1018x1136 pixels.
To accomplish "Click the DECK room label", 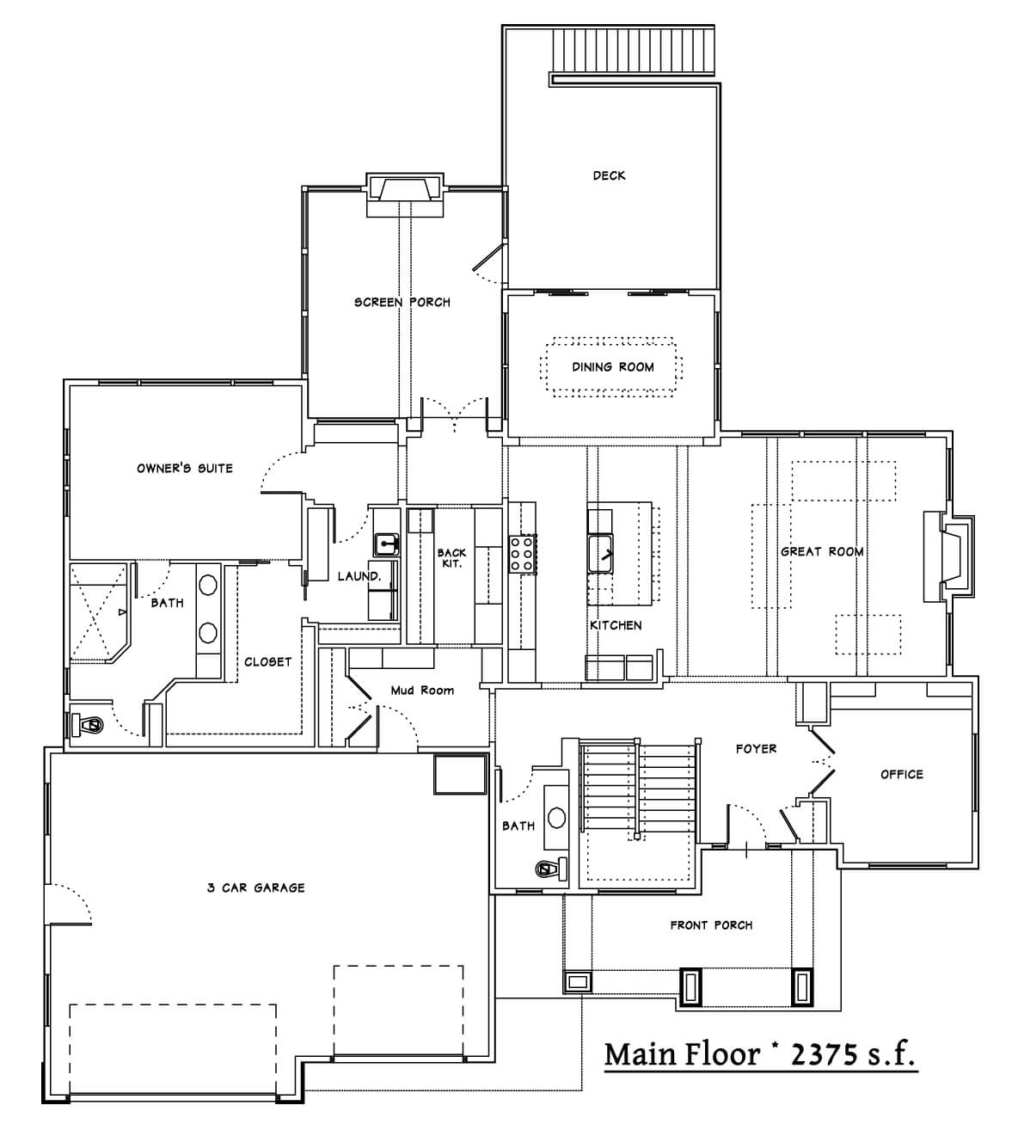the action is pyautogui.click(x=609, y=175).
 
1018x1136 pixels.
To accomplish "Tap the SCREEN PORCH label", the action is pyautogui.click(x=402, y=302).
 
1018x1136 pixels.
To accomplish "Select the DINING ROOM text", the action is pyautogui.click(x=613, y=366).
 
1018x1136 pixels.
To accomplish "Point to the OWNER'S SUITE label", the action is pyautogui.click(x=185, y=468).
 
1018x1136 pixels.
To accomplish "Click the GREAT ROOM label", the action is pyautogui.click(x=822, y=551).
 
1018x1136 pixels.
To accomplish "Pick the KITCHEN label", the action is pyautogui.click(x=616, y=625).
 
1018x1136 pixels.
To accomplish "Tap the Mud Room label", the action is pyautogui.click(x=422, y=691).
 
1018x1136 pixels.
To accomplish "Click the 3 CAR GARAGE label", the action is pyautogui.click(x=255, y=887).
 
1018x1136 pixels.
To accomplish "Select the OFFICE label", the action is pyautogui.click(x=901, y=774).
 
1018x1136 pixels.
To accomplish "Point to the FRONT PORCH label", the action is pyautogui.click(x=711, y=925).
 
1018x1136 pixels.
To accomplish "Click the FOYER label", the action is pyautogui.click(x=756, y=748).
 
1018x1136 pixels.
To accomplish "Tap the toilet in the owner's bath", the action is pyautogui.click(x=88, y=725).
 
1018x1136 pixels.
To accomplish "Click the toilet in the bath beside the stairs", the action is pyautogui.click(x=550, y=869).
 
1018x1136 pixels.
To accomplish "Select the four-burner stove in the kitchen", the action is pyautogui.click(x=522, y=554).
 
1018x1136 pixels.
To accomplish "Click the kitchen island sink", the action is pyautogui.click(x=600, y=554).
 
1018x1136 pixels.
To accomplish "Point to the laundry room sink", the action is pyautogui.click(x=386, y=543).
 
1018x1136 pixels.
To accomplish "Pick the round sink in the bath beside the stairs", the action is pyautogui.click(x=556, y=818).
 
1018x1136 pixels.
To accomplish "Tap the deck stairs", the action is pyautogui.click(x=634, y=51).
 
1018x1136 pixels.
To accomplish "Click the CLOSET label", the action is pyautogui.click(x=267, y=661).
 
